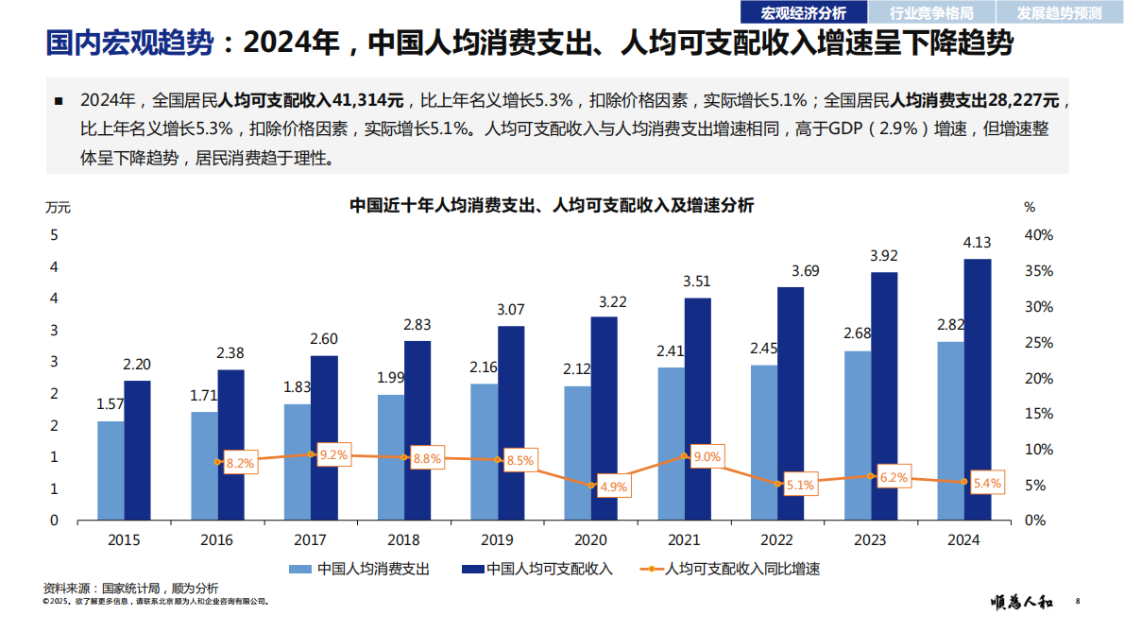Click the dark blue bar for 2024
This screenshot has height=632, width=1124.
[x=978, y=389]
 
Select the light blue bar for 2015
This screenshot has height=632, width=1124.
[x=111, y=470]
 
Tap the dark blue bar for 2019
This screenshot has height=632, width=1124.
[x=511, y=422]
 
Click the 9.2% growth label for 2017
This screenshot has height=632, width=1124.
[x=333, y=454]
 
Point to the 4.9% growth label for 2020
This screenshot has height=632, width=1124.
[x=613, y=487]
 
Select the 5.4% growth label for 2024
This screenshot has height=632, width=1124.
[x=986, y=483]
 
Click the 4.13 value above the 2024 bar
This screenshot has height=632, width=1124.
[x=977, y=243]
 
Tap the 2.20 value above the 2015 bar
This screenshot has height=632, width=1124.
[x=137, y=364]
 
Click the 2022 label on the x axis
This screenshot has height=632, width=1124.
[x=776, y=540]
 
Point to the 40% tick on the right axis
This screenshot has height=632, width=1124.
[x=1038, y=235]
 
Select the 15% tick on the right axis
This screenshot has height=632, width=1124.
[x=1038, y=414]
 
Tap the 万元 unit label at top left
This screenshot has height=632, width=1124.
[x=58, y=206]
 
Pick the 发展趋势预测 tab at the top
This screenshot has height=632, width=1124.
[x=1059, y=12]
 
